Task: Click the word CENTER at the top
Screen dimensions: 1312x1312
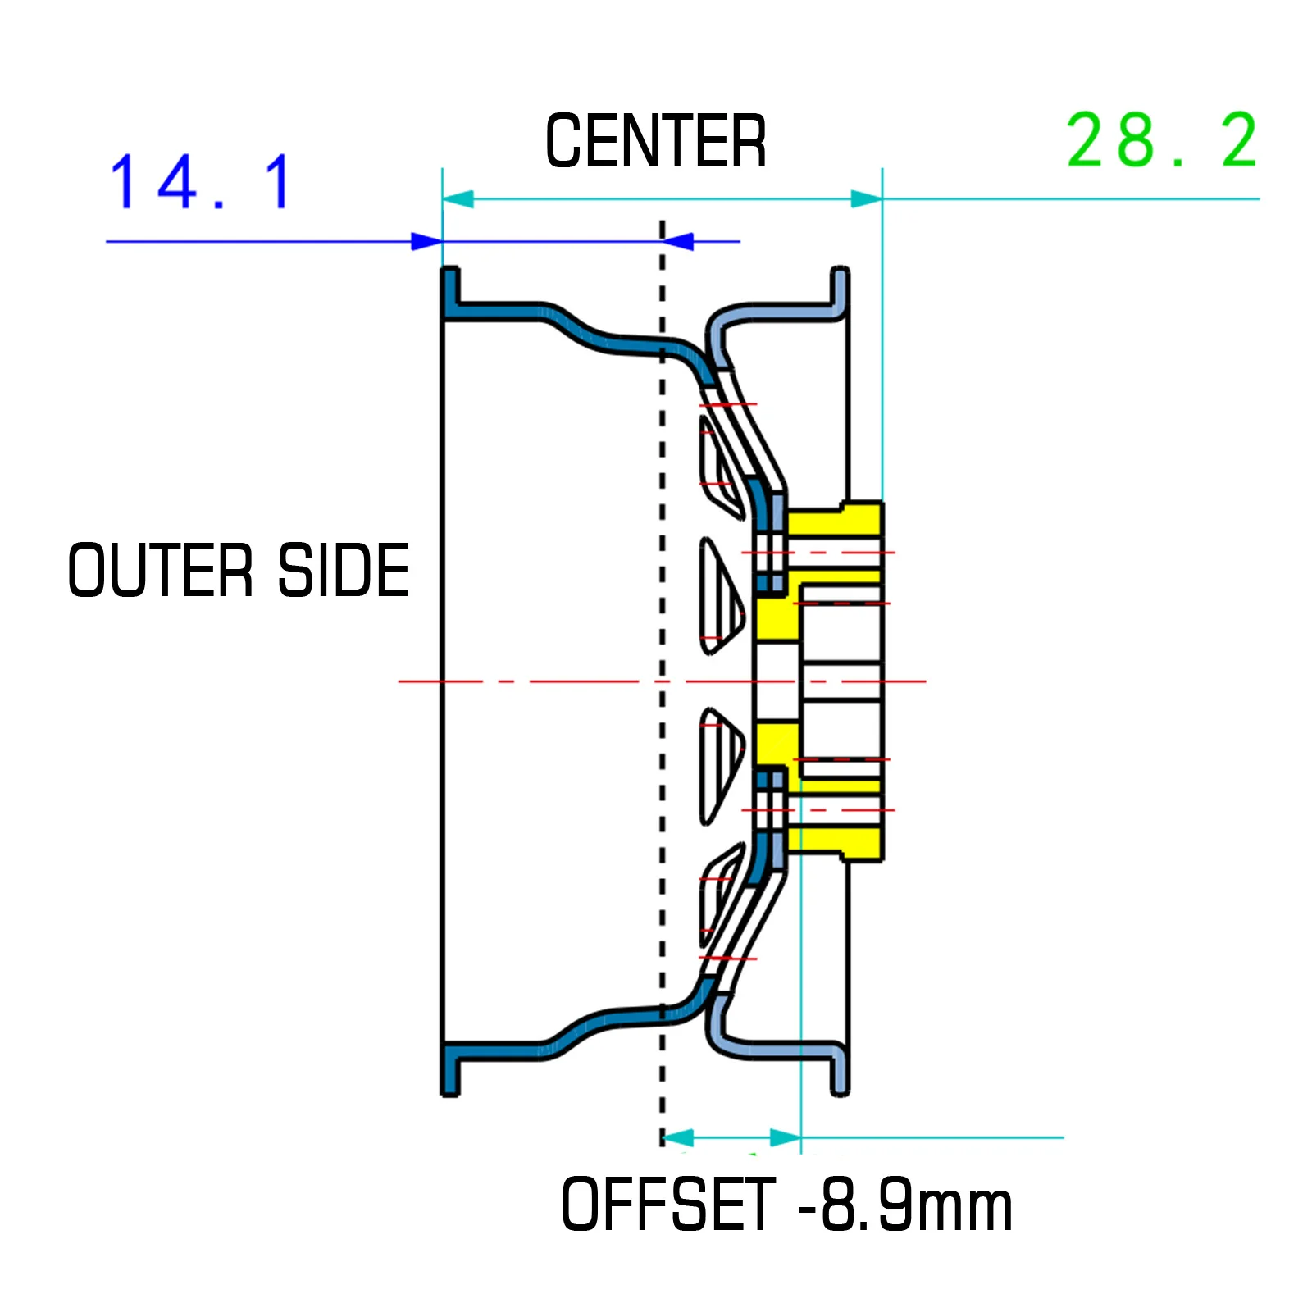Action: (655, 142)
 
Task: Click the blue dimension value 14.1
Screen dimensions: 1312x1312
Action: (200, 182)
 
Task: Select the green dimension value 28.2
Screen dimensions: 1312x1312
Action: (1161, 141)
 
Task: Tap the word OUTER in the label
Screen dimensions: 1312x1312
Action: (161, 571)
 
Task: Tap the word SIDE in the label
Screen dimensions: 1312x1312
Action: (344, 571)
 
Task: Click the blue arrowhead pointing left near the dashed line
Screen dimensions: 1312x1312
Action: (679, 241)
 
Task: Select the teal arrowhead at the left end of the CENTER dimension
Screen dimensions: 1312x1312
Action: (458, 198)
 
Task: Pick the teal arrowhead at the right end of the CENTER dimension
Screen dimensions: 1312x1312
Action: (866, 198)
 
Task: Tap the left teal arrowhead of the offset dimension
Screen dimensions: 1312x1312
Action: (678, 1137)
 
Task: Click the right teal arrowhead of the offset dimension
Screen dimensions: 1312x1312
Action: (786, 1137)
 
